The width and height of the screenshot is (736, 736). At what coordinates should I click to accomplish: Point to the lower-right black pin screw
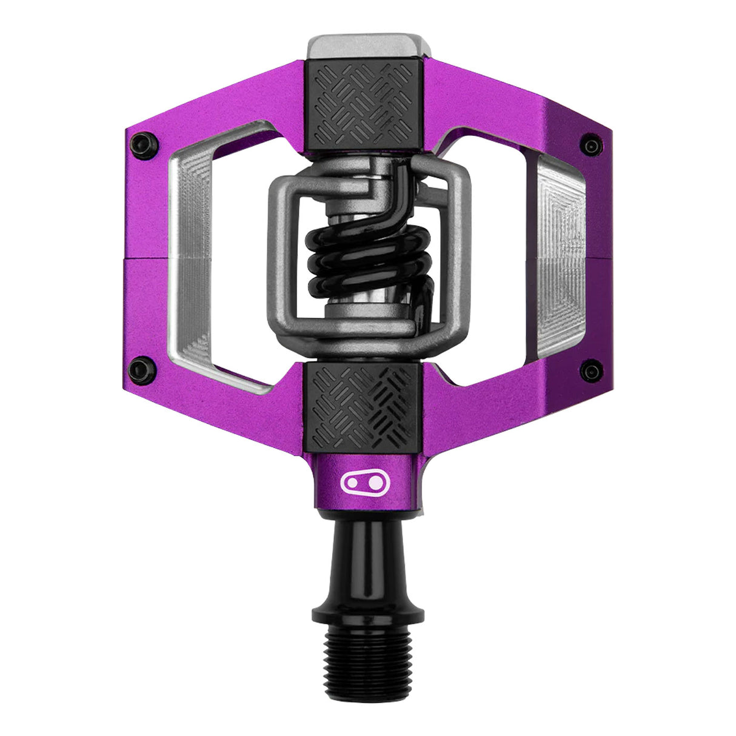587,368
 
